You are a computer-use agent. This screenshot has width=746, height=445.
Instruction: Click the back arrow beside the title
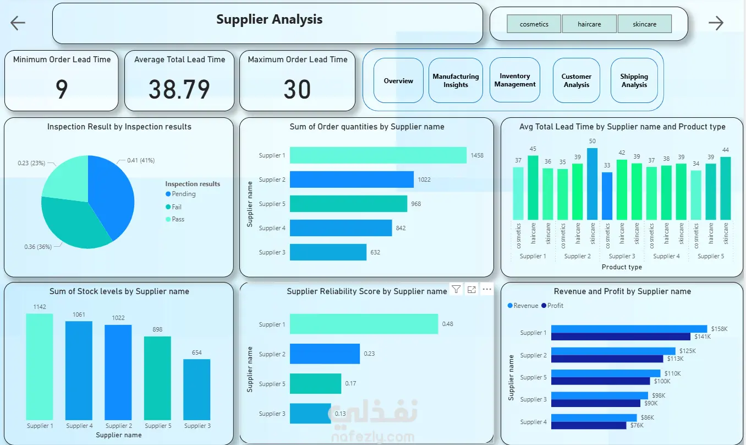tap(18, 23)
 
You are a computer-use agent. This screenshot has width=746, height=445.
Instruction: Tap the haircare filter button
tap(589, 24)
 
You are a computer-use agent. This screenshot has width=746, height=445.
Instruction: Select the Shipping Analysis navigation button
tap(634, 80)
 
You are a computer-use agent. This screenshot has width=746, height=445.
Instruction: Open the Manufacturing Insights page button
tap(456, 80)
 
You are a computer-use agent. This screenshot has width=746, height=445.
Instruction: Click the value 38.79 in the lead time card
tap(179, 89)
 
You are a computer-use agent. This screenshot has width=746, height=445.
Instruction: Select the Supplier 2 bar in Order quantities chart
tap(352, 180)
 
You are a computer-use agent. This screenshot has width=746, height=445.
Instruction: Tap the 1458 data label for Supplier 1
tap(477, 155)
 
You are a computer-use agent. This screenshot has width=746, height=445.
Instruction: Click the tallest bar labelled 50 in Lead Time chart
tap(592, 184)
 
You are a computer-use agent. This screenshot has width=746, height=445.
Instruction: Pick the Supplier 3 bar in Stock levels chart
tap(197, 389)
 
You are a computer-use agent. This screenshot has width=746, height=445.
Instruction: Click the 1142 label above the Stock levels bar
tap(40, 307)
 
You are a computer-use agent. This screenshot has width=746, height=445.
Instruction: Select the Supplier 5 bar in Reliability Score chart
tap(315, 384)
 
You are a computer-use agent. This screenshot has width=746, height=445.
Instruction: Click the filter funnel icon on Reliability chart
tap(456, 289)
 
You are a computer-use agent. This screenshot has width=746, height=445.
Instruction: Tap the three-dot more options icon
tap(487, 289)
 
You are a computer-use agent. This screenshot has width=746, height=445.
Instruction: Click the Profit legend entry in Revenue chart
tap(552, 305)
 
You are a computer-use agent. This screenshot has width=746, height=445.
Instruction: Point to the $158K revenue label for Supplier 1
tap(720, 329)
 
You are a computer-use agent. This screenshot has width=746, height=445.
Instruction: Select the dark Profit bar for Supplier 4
tap(589, 425)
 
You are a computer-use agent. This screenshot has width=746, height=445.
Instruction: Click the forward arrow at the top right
tap(716, 23)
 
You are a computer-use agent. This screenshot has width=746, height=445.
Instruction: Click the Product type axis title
tap(622, 267)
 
